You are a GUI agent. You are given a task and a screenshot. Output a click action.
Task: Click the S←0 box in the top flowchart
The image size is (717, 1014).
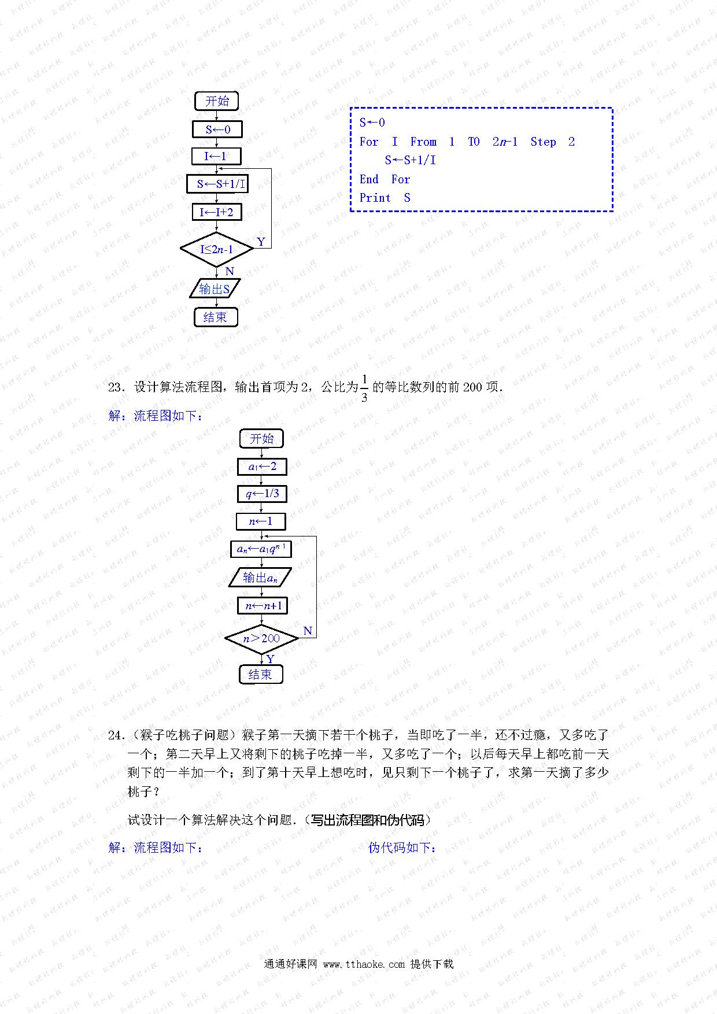click(217, 129)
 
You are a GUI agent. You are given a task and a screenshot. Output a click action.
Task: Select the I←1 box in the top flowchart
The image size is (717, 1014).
click(217, 156)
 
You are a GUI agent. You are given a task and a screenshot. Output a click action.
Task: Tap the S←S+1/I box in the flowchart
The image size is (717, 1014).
click(217, 184)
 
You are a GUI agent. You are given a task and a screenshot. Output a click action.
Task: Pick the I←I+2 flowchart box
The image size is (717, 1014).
click(217, 212)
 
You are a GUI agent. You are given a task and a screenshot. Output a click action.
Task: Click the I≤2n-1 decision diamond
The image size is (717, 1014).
click(217, 250)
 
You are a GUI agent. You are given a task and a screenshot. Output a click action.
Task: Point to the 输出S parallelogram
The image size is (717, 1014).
click(215, 288)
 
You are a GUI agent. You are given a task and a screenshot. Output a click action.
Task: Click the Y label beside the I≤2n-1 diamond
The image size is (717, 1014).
click(261, 242)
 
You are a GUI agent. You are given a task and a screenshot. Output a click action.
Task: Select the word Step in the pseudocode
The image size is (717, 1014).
click(543, 142)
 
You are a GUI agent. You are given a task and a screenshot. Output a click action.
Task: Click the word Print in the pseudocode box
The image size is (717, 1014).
click(375, 198)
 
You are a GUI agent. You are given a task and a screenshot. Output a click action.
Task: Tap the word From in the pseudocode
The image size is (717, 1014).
click(423, 142)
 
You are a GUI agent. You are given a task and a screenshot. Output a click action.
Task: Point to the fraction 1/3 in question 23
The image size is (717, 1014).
click(364, 388)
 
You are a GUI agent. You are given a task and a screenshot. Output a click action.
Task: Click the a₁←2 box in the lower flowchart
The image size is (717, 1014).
click(262, 467)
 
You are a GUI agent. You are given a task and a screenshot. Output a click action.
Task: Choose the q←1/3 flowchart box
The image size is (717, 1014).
click(262, 494)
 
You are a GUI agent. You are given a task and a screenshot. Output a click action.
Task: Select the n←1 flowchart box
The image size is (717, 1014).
click(261, 521)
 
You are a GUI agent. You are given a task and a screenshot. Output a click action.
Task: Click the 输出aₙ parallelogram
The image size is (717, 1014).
click(260, 577)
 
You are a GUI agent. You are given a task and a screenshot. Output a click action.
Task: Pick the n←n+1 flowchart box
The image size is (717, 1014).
click(263, 605)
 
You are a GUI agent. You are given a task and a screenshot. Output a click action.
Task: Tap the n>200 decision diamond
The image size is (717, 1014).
click(261, 639)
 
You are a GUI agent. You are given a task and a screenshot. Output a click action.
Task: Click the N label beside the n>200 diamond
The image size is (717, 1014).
click(308, 631)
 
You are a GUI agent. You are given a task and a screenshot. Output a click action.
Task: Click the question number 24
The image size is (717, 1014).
click(116, 735)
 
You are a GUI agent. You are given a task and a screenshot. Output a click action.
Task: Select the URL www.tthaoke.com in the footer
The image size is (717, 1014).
click(364, 964)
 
